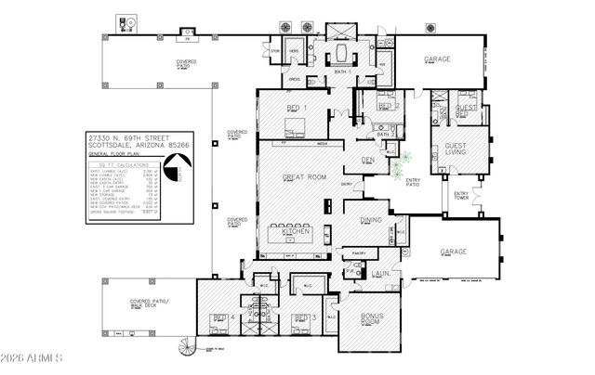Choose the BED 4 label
click(221, 318)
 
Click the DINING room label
click(371, 220)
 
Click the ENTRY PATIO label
click(412, 182)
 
